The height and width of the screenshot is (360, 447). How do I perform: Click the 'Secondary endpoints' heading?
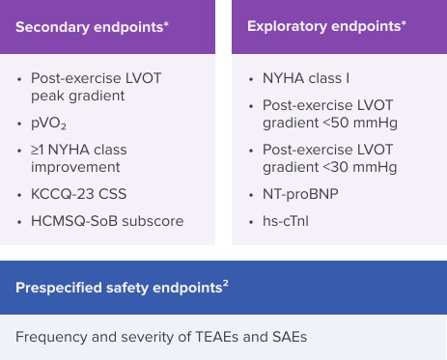tap(90, 27)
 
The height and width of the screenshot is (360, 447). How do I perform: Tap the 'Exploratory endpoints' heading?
tap(324, 26)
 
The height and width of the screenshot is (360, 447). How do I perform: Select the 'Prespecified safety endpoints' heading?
tap(119, 288)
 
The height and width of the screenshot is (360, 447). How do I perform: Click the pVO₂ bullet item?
tap(48, 124)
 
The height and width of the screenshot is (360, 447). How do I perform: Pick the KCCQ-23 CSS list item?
tap(78, 194)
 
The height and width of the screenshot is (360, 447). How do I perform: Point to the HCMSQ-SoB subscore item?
tap(106, 221)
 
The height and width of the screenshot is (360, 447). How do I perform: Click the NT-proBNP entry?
tap(300, 194)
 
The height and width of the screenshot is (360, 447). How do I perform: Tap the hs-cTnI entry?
tap(285, 221)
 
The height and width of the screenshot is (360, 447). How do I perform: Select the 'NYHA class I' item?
tap(305, 78)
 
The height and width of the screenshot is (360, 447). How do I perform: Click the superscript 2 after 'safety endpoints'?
tap(226, 284)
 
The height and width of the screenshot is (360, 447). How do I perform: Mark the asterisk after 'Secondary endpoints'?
tap(166, 23)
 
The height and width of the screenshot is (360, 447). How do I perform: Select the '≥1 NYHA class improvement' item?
tap(77, 158)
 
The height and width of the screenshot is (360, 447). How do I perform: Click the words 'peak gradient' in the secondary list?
tap(77, 96)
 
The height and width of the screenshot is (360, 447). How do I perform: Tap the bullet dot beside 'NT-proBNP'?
tap(250, 195)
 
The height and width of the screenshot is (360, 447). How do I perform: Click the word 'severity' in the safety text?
tap(153, 337)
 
